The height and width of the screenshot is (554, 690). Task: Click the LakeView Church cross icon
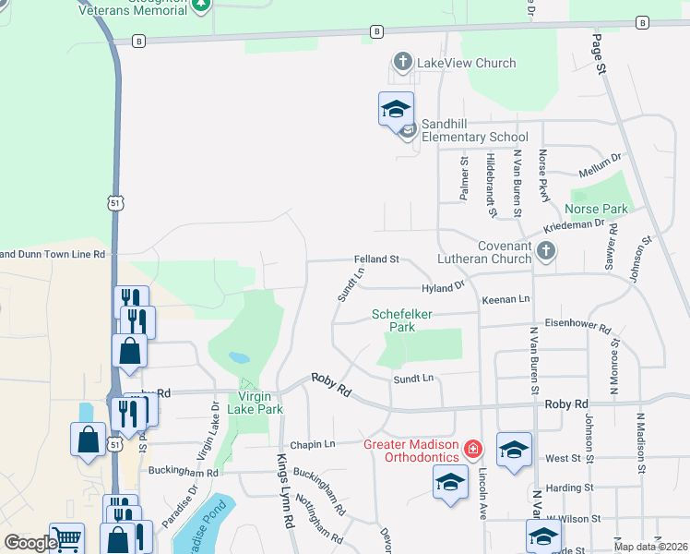point(402,63)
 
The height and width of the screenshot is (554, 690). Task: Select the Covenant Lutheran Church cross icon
point(547,250)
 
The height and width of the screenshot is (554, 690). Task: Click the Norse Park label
point(600,209)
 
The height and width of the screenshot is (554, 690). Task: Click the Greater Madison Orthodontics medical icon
point(473,450)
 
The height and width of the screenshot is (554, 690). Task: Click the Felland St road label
point(375,259)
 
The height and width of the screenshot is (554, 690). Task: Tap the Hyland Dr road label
point(443,288)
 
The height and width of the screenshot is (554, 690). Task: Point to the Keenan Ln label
point(506,299)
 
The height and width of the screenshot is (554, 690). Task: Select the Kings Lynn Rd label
point(285,503)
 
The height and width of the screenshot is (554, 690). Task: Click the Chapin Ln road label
point(313,444)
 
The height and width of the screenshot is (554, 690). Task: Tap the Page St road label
point(599,54)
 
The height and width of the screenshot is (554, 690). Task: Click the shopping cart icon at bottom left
point(66,538)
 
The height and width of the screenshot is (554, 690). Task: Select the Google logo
point(30,543)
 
